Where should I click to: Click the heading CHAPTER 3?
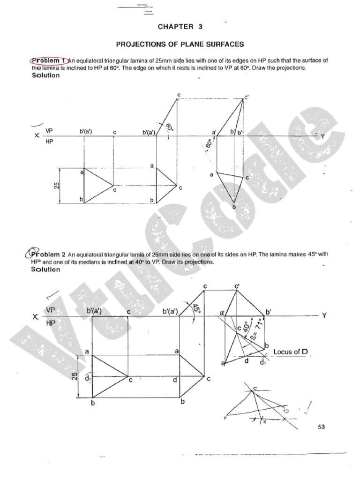[180, 27]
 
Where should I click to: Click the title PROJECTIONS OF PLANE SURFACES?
[180, 45]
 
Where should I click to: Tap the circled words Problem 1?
[48, 60]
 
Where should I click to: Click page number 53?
[321, 427]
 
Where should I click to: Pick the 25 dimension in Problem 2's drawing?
[74, 376]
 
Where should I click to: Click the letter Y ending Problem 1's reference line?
[322, 136]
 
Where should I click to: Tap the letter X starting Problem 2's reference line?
[35, 317]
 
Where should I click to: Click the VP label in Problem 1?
[50, 131]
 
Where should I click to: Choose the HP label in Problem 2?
[51, 323]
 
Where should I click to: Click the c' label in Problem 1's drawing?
[247, 97]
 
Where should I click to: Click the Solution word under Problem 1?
[45, 75]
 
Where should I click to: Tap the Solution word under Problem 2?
[45, 270]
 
